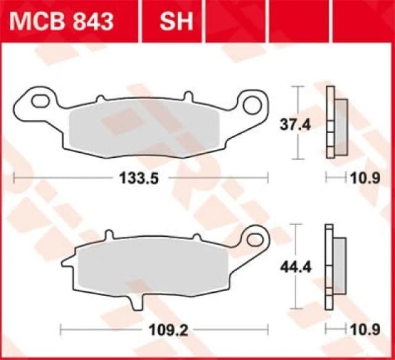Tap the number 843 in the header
click(x=93, y=22)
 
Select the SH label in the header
click(x=177, y=22)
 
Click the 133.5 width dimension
click(x=139, y=179)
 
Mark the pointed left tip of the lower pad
click(x=64, y=265)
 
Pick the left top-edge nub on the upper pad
click(x=99, y=99)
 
